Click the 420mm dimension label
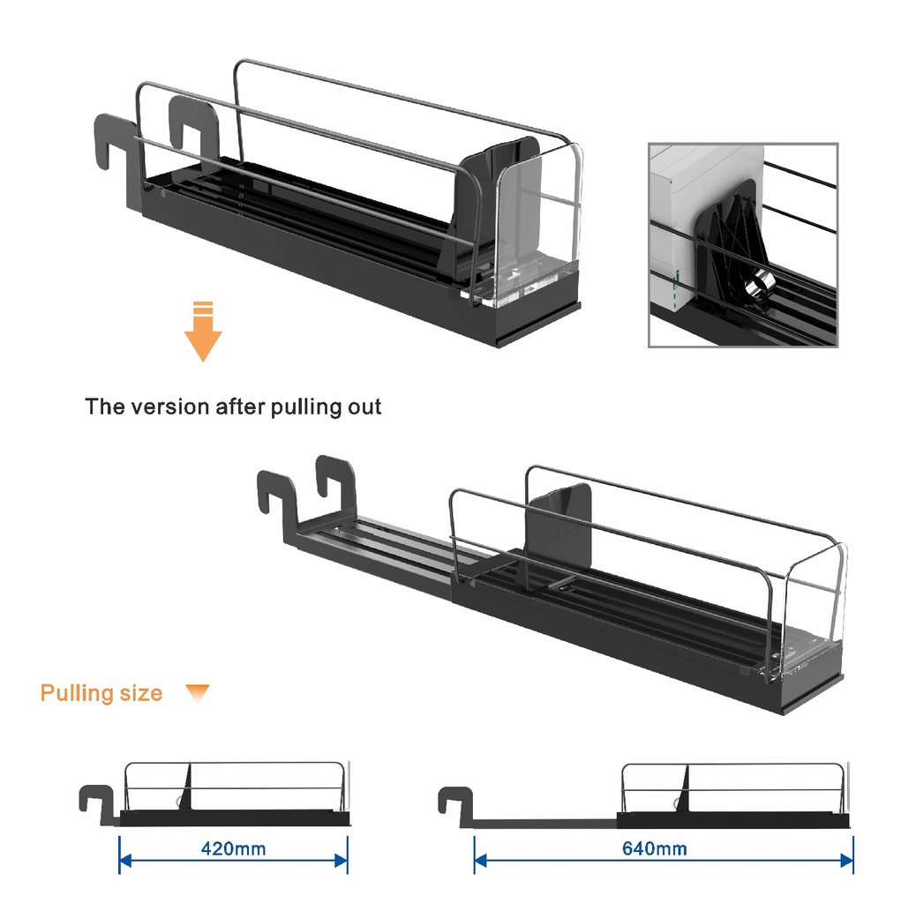(x=234, y=848)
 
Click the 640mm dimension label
(x=654, y=848)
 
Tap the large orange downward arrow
(x=203, y=332)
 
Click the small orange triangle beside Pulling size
(x=198, y=693)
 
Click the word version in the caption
(x=170, y=407)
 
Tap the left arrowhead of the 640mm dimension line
(x=480, y=861)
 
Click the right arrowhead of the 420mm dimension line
(x=342, y=861)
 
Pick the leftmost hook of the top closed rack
(x=112, y=144)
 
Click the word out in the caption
(x=364, y=407)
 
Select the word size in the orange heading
(x=141, y=693)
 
